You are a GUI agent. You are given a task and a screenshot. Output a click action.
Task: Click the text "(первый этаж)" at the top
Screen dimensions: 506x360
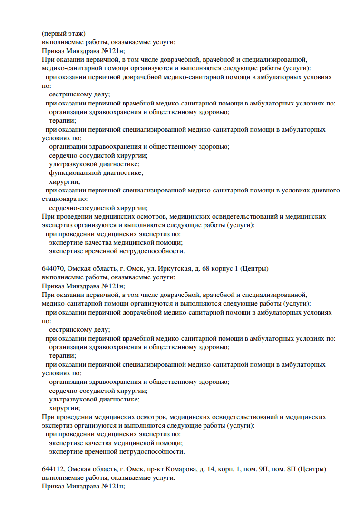[x=63, y=33]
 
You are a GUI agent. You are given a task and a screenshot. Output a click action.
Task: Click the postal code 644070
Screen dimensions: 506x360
[x=51, y=269]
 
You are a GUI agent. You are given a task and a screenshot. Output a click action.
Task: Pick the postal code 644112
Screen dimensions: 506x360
[x=51, y=469]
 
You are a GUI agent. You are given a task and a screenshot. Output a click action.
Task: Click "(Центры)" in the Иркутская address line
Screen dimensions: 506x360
[x=255, y=269]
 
